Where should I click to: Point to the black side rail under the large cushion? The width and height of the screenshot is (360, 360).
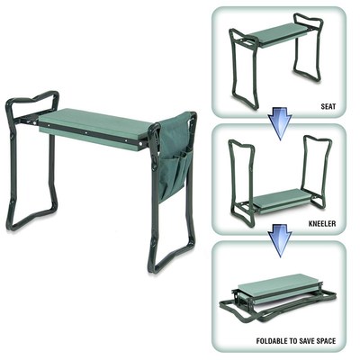click(90, 136)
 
